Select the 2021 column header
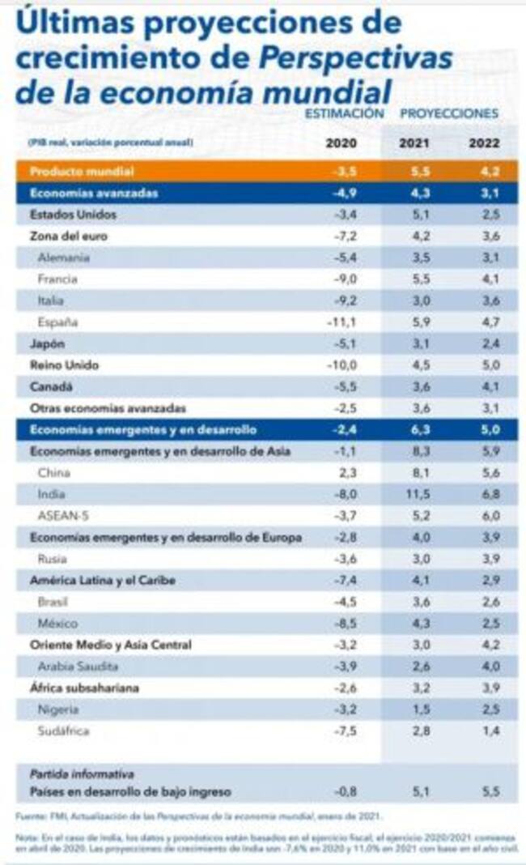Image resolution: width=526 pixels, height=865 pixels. coord(414,144)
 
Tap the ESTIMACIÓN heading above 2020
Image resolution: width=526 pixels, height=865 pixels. coord(344,113)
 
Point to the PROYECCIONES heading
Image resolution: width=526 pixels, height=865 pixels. coord(449,113)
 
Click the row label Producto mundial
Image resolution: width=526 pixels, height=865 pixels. coord(81,172)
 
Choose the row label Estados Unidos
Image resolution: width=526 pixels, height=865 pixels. coord(73,215)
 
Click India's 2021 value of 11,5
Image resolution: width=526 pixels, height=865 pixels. coord(414,494)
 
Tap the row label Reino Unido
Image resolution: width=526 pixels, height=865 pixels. coord(64,365)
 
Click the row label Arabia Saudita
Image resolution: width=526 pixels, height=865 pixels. coord(79,667)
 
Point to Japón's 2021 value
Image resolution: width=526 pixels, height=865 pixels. coord(414,343)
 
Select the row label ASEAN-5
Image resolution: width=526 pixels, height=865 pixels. coord(61,516)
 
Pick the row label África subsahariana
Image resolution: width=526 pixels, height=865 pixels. coord(83,688)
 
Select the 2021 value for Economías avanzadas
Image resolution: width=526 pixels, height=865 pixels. coord(414,194)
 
